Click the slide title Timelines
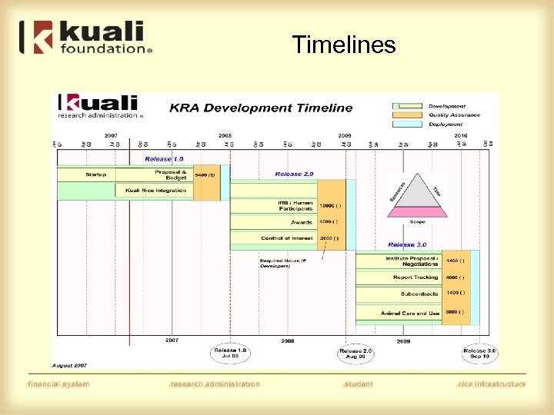point(344,45)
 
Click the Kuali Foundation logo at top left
point(86,38)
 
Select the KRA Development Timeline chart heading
point(261,108)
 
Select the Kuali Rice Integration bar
point(155,191)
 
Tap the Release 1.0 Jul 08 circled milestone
point(230,354)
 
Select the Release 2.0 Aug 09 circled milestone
point(355,354)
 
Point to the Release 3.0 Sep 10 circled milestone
point(479,354)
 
